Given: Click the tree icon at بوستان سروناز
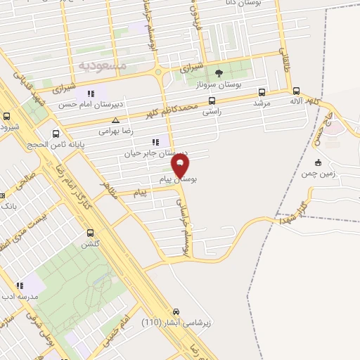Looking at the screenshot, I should click(x=219, y=72).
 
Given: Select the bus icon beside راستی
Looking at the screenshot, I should click(x=212, y=101).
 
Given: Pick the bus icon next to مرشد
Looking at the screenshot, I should click(x=262, y=92).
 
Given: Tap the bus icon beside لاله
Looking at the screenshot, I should click(x=295, y=91).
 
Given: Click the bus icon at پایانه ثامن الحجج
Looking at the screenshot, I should click(x=56, y=133).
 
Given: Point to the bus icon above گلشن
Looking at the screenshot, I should click(x=90, y=233).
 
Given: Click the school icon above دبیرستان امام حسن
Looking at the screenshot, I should click(x=90, y=94).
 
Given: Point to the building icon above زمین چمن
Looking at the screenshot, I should click(x=319, y=162).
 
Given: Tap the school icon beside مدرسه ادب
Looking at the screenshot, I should click(x=20, y=285).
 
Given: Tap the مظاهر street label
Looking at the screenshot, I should click(x=109, y=186).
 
